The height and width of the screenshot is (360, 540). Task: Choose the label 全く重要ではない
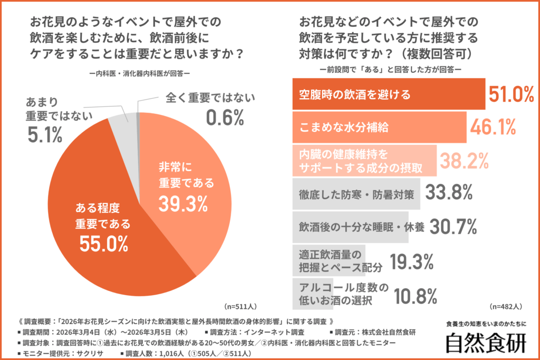[x=210, y=98]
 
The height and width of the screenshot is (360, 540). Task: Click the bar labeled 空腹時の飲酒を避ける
[x=388, y=94]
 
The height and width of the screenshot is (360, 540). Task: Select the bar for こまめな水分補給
[x=379, y=128]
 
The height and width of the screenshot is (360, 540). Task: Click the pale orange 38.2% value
[x=464, y=161]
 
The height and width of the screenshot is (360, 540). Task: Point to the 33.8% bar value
[x=448, y=193]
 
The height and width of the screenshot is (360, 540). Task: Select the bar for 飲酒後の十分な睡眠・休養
[x=350, y=227]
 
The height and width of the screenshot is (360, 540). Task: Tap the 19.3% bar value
[x=411, y=260]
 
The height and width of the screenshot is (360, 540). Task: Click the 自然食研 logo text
[x=486, y=343]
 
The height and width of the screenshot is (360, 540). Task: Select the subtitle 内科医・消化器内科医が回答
[x=139, y=74]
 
